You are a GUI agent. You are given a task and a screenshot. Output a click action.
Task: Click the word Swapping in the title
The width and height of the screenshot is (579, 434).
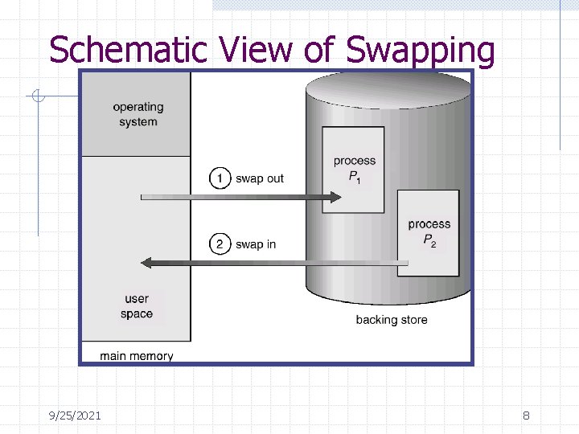tap(421, 51)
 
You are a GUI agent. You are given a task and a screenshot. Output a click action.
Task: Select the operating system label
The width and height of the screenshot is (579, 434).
tap(138, 114)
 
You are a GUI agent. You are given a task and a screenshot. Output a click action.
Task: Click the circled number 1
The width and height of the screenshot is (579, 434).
tap(220, 178)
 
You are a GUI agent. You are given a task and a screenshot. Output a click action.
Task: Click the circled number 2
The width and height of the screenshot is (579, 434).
tap(220, 244)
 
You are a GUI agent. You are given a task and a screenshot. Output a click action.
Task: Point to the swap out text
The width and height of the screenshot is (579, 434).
tap(260, 178)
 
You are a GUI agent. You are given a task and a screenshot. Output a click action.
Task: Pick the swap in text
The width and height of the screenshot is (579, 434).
tap(256, 244)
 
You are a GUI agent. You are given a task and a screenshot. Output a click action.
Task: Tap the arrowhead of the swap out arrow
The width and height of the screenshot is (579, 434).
tap(337, 196)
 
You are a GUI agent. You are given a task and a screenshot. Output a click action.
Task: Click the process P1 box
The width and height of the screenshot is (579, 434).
tap(354, 169)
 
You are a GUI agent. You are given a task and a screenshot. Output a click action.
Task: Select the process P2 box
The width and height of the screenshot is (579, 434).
tap(429, 233)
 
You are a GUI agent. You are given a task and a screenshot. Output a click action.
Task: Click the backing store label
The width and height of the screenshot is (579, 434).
tap(392, 320)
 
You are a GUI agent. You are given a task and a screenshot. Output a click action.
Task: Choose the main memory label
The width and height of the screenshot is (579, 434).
tap(137, 355)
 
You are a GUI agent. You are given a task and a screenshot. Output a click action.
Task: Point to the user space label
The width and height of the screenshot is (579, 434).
tap(137, 306)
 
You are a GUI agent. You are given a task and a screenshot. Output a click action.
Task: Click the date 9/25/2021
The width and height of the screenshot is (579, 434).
tap(74, 416)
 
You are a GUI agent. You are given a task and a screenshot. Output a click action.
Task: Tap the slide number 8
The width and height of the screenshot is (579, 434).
tap(526, 416)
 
